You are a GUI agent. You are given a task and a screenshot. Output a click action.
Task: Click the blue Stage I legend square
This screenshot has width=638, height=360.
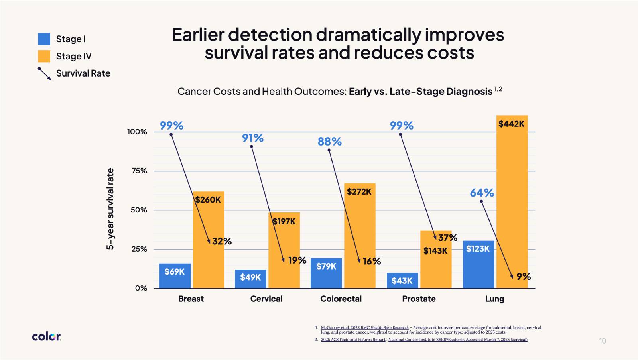[x=44, y=39]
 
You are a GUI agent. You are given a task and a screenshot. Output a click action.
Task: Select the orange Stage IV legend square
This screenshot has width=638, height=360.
[x=44, y=56]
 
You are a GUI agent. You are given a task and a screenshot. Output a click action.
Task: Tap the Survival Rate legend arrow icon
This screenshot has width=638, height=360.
[x=44, y=73]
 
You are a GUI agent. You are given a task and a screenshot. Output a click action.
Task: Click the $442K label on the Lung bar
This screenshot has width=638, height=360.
[x=511, y=124]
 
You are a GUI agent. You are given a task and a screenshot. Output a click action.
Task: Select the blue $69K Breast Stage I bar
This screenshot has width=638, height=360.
[x=175, y=275]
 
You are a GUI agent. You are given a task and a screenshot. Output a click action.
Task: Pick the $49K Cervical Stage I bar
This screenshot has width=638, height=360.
[x=250, y=279]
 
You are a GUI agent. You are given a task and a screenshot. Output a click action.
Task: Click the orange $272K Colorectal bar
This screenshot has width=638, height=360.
[x=360, y=235]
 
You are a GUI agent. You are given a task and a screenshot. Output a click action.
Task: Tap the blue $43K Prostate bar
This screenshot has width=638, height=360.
[x=402, y=280]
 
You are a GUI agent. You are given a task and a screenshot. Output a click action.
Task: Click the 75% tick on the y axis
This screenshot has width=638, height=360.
[x=139, y=171]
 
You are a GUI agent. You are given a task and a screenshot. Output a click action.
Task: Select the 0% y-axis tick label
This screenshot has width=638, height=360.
[x=141, y=288]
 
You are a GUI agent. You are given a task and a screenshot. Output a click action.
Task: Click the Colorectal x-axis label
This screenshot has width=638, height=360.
[x=341, y=299]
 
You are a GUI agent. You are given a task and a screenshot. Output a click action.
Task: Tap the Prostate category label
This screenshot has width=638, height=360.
[x=419, y=299]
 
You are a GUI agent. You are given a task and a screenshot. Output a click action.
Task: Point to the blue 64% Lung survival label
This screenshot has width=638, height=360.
[x=482, y=193]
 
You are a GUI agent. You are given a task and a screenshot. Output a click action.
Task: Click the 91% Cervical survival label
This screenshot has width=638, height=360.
[x=252, y=138]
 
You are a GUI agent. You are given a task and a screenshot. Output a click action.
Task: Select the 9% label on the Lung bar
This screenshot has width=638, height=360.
[x=523, y=276]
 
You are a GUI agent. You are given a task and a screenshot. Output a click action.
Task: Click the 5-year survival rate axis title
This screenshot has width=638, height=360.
[x=110, y=209]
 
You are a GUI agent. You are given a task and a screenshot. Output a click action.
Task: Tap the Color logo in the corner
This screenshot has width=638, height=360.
[x=46, y=336]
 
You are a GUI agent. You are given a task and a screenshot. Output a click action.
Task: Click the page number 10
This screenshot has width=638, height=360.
[x=602, y=341]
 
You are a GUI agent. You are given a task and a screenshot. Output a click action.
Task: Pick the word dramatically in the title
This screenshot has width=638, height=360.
[x=368, y=35]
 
